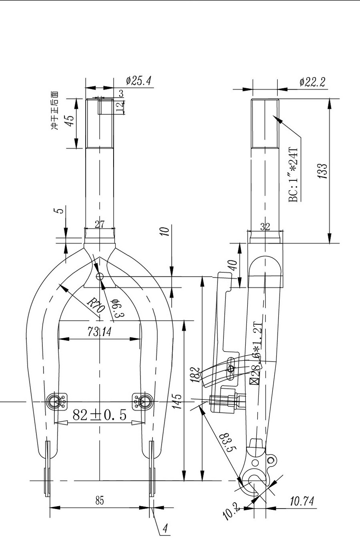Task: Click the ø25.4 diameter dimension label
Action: [x=138, y=81]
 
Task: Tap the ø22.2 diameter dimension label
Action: [x=313, y=82]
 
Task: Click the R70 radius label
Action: [x=96, y=306]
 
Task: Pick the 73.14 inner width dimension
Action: [x=100, y=331]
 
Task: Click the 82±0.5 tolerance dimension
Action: [x=100, y=415]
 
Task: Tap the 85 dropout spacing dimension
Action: [x=100, y=500]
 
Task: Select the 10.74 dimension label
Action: [x=302, y=501]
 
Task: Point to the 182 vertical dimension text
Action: [x=195, y=375]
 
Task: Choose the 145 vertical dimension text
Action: [x=178, y=401]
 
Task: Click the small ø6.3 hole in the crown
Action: [x=100, y=276]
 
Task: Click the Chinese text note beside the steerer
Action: [x=54, y=110]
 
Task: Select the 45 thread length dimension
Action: [x=70, y=121]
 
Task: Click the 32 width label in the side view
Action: [x=265, y=227]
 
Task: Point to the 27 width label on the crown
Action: [x=100, y=224]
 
